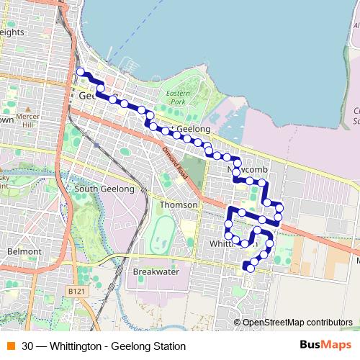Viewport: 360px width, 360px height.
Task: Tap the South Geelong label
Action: (x=104, y=189)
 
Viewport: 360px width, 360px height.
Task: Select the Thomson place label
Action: (x=178, y=204)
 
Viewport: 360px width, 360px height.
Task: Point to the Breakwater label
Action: (x=156, y=271)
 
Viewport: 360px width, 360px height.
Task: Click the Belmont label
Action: (x=25, y=251)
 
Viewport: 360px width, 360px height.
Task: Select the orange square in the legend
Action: (x=11, y=346)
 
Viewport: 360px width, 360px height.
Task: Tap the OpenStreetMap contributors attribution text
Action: (x=297, y=323)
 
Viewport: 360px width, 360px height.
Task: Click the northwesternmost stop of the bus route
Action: (x=81, y=71)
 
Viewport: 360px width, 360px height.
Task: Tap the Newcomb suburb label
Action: (x=248, y=168)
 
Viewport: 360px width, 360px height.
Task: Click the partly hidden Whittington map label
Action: (x=229, y=243)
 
